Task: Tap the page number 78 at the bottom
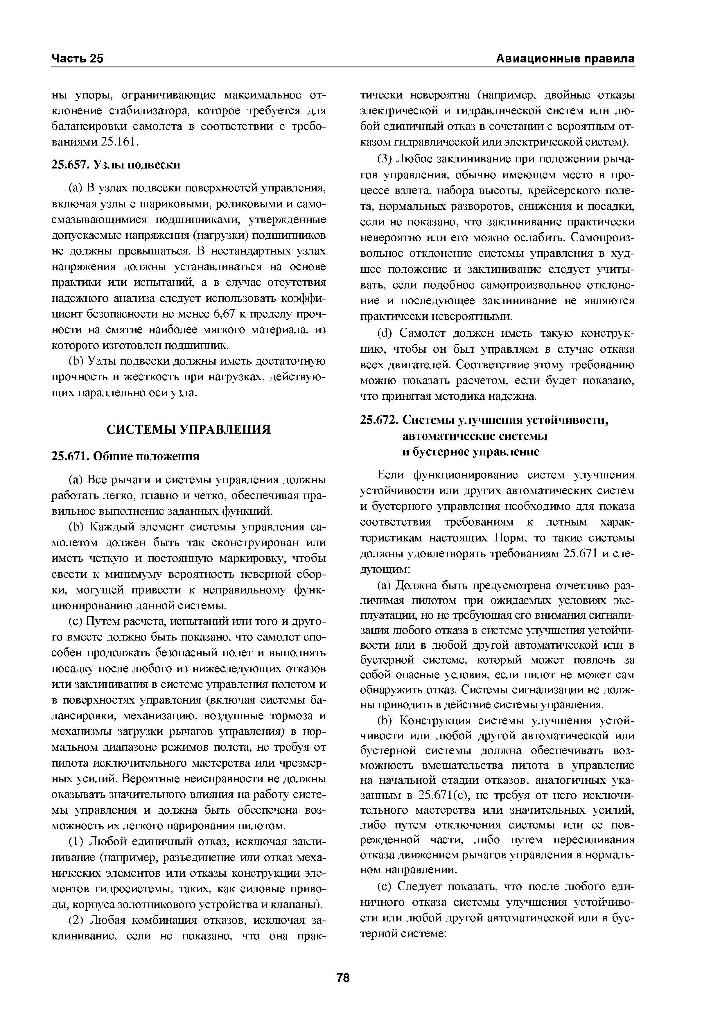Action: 343,978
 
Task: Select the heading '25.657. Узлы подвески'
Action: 116,165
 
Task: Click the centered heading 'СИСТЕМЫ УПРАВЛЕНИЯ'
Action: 188,429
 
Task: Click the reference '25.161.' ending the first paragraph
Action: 120,141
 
